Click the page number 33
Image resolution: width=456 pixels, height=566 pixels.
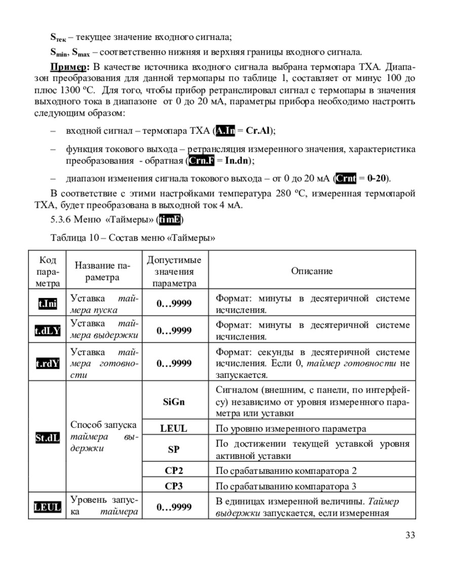[x=410, y=535]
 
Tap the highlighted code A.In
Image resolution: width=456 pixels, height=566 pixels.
[x=225, y=131]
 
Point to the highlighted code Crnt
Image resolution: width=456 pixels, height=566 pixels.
[x=346, y=178]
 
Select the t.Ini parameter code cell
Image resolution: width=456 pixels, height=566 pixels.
[x=48, y=304]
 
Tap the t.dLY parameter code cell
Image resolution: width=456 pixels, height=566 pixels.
[x=48, y=331]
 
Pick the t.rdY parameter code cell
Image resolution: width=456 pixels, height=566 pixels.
[x=48, y=363]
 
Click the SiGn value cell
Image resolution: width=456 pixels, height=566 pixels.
[x=174, y=402]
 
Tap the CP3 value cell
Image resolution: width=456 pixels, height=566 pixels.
[x=174, y=486]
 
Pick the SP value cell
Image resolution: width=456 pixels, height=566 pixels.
[x=174, y=449]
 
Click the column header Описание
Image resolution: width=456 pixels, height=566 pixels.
[x=312, y=271]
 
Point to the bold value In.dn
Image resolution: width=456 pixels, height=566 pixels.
[x=238, y=161]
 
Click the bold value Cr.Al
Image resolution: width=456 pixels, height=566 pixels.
[x=257, y=131]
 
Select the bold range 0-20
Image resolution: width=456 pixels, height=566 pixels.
[x=377, y=178]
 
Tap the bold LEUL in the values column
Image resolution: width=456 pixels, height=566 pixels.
[x=174, y=428]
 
